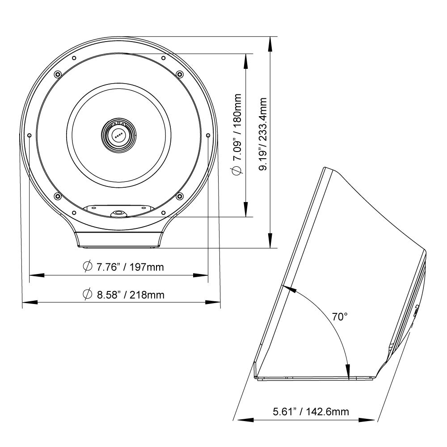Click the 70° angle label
[340, 317]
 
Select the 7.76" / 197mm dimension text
[130, 267]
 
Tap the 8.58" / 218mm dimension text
[130, 295]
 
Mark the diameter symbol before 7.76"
[87, 267]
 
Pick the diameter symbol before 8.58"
[87, 295]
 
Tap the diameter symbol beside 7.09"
[238, 170]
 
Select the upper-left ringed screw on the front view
[57, 74]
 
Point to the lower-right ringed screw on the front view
[180, 195]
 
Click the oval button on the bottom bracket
[118, 213]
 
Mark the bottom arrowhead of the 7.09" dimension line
[245, 212]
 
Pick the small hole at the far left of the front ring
[29, 135]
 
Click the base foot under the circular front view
[118, 240]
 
